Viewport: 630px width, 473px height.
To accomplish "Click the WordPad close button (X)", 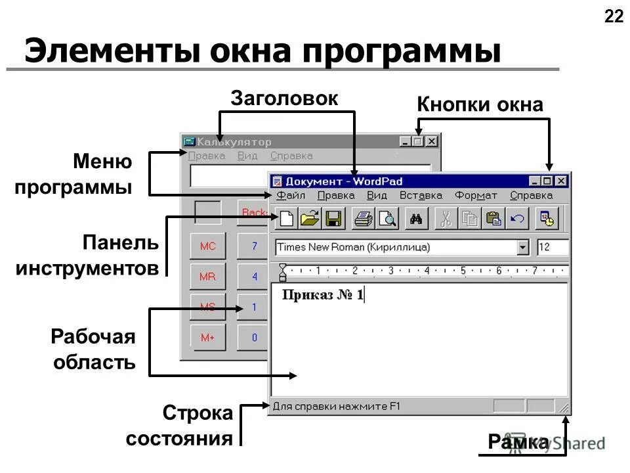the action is point(561,181).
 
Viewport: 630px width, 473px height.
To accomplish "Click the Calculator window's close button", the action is point(431,141).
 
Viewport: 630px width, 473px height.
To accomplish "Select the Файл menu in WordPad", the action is point(291,195).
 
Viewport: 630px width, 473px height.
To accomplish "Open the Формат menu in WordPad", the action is point(476,195).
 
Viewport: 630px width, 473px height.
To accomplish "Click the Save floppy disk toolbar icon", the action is point(333,219).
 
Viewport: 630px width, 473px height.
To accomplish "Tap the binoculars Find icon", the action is point(415,219).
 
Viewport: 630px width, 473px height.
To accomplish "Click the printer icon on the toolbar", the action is point(363,219).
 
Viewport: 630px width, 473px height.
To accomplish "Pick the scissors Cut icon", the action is point(446,219).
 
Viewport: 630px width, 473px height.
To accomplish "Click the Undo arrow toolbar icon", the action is point(517,219).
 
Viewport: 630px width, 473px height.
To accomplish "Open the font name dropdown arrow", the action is point(522,248).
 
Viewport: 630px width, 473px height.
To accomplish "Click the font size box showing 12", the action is point(551,248).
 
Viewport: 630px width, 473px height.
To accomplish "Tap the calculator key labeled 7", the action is point(255,246).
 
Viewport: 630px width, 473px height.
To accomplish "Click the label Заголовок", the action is point(284,99).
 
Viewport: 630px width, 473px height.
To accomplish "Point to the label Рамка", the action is point(518,443).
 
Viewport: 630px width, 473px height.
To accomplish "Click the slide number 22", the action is point(614,16).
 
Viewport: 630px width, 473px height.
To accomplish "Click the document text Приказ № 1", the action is point(322,295).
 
